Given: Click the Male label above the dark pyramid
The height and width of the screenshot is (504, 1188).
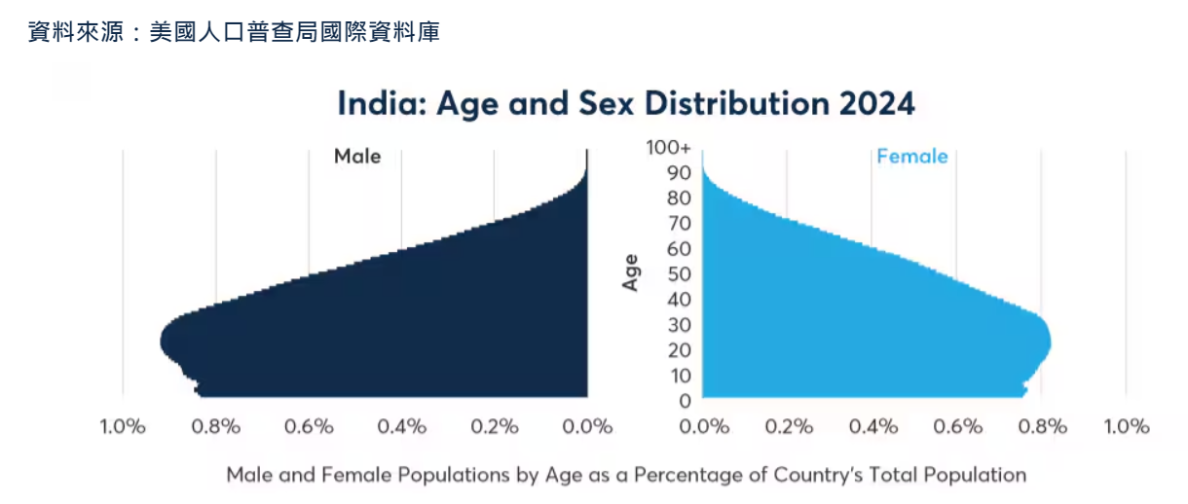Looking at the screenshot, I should point(357,157).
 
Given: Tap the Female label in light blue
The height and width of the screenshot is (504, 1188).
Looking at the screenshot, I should point(911,157).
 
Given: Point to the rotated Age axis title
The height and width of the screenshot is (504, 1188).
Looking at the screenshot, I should point(631,271).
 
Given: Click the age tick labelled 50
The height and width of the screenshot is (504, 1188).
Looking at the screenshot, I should point(680,274).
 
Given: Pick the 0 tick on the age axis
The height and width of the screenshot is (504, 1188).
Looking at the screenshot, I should point(685,401).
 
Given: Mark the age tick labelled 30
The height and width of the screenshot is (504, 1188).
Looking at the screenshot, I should point(680,325).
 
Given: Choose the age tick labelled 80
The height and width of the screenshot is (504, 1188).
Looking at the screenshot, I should point(680,198).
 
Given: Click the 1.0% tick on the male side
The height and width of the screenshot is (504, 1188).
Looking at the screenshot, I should point(123,426).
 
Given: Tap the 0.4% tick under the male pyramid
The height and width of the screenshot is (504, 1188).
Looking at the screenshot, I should point(402,426).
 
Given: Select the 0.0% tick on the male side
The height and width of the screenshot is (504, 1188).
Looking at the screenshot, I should point(588,426).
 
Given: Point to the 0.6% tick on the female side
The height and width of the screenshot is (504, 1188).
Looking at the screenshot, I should point(957,426).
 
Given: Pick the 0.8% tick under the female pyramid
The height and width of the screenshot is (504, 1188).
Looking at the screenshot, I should point(1041,426).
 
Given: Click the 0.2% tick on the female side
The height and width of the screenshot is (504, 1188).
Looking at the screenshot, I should point(789,426).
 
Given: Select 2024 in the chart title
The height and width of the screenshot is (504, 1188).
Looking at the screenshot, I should point(873,104).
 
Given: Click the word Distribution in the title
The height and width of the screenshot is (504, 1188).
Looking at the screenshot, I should point(731,104).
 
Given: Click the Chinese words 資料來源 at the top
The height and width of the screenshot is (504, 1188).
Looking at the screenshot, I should point(77,33).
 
